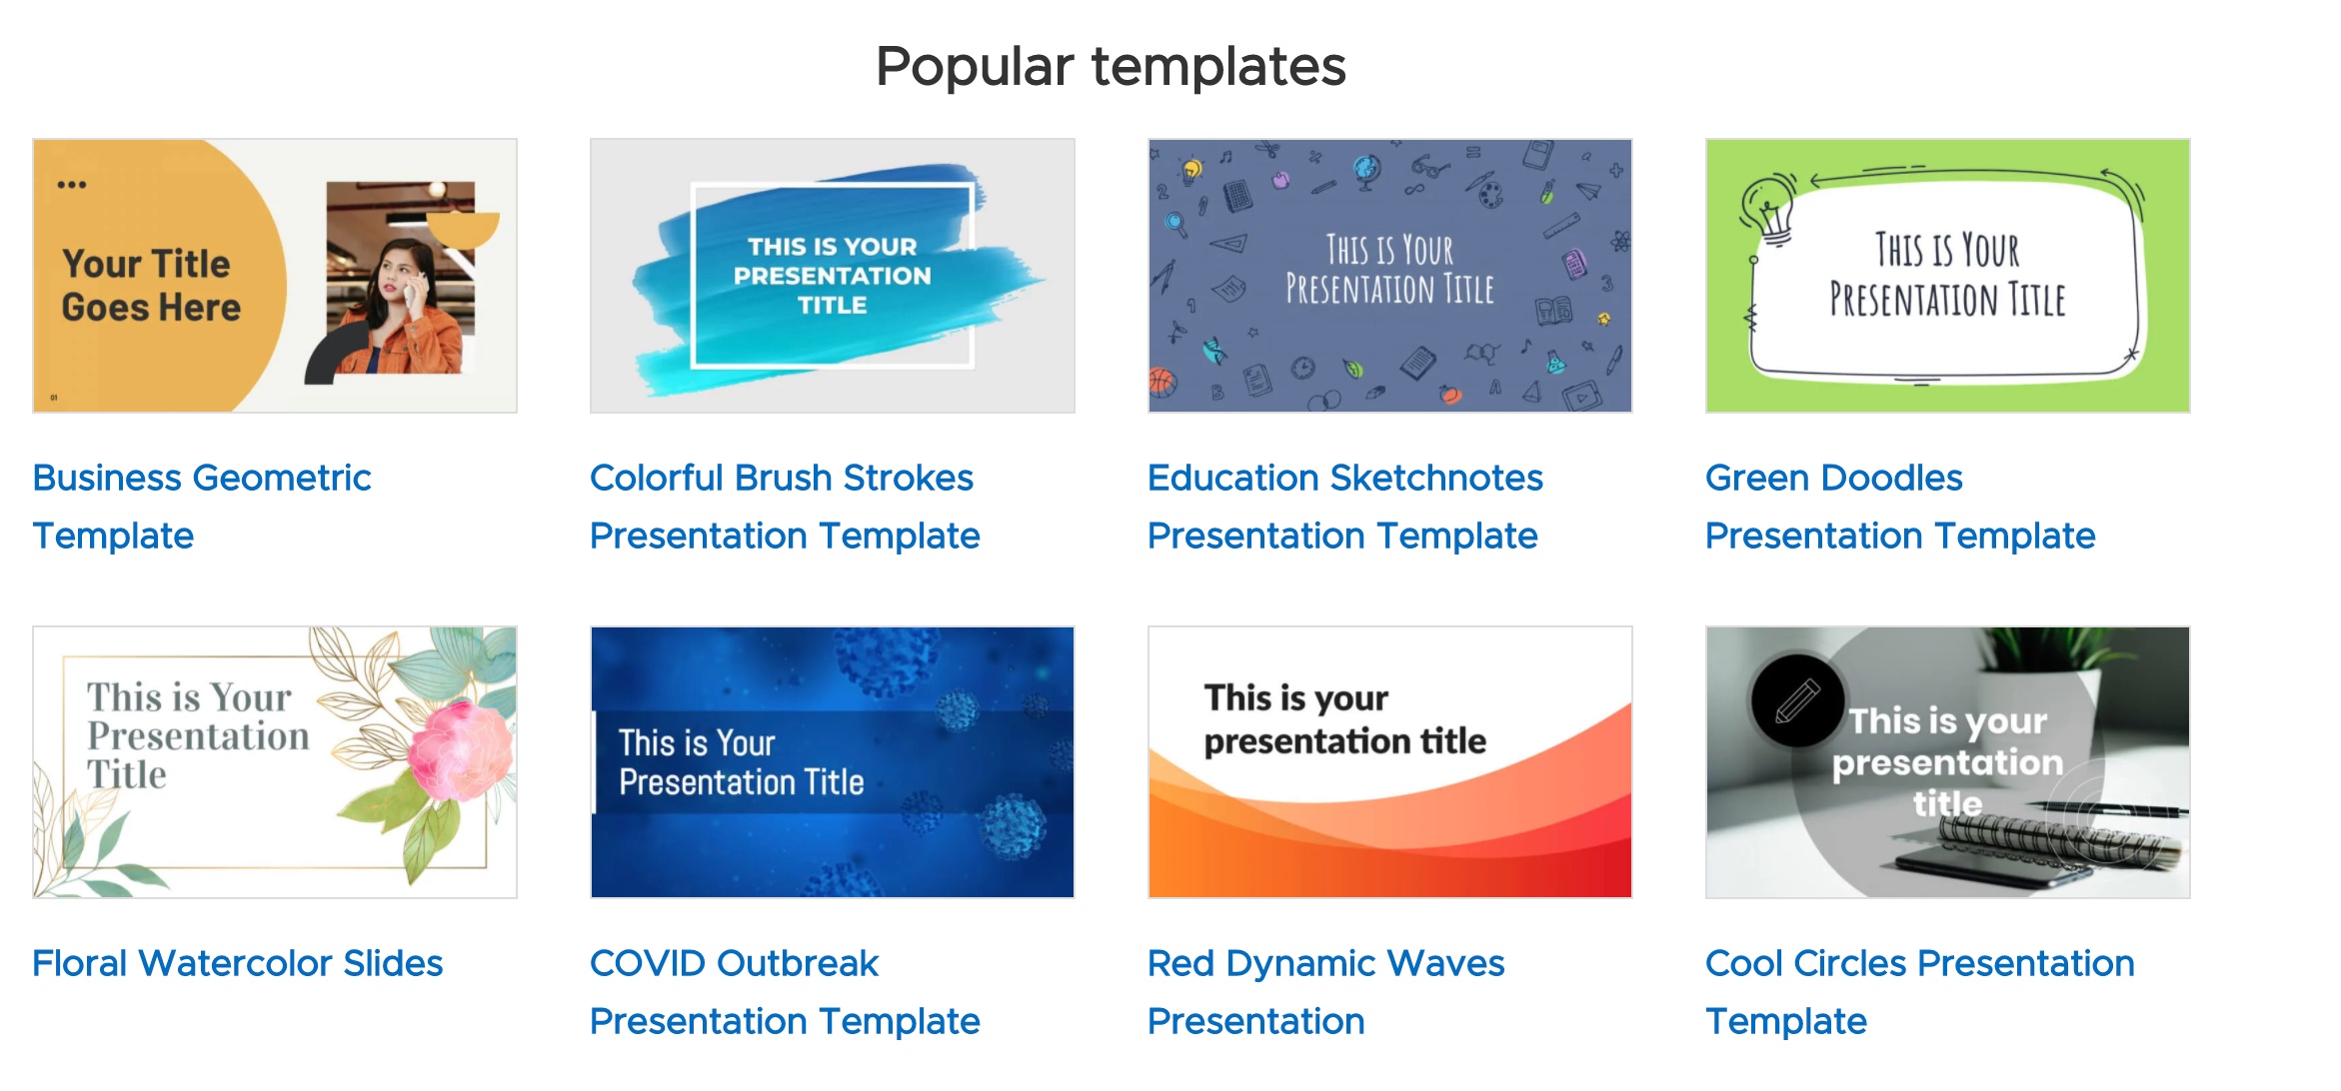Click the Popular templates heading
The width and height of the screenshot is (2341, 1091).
point(1111,67)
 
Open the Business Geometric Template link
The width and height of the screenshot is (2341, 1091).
point(202,507)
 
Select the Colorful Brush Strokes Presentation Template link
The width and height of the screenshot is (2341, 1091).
point(785,507)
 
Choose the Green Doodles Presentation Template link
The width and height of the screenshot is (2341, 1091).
point(1900,507)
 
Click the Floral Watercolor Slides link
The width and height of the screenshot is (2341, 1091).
point(238,963)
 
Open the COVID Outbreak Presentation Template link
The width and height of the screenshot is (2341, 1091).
point(785,992)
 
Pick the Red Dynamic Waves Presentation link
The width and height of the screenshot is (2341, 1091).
point(1326,992)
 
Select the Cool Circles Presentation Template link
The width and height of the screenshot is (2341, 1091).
point(1920,992)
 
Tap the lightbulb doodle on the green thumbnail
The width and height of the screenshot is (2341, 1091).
point(1769,208)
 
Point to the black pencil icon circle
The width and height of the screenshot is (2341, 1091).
point(1797,700)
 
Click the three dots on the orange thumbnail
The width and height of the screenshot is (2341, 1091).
point(71,185)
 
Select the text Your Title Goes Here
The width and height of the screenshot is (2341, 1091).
point(151,285)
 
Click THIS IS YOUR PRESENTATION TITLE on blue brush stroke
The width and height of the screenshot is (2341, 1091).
point(832,276)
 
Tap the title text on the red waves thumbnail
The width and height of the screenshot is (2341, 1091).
point(1344,719)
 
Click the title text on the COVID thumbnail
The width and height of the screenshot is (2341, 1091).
point(741,762)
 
